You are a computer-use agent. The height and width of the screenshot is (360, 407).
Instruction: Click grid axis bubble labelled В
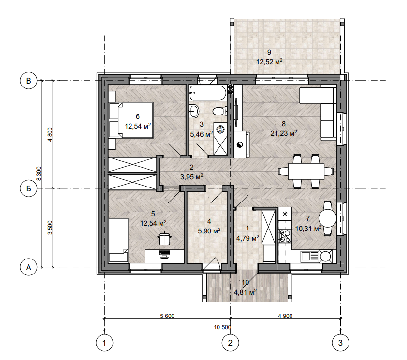click(x=29, y=81)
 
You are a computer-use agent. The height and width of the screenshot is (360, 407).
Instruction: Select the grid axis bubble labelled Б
click(x=29, y=188)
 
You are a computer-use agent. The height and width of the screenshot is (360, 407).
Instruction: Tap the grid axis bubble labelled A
click(x=29, y=267)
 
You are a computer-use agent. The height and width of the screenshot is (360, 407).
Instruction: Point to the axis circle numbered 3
click(x=341, y=343)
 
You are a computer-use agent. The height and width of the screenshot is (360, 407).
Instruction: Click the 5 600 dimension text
click(x=167, y=316)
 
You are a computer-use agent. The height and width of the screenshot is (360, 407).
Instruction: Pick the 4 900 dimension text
click(x=285, y=316)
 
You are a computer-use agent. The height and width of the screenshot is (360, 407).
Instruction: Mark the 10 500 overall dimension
click(x=222, y=327)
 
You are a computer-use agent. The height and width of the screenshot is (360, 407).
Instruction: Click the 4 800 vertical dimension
click(x=50, y=134)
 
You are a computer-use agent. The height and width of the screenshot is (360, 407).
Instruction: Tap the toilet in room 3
click(x=219, y=112)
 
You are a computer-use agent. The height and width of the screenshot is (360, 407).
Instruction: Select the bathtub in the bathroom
click(x=208, y=93)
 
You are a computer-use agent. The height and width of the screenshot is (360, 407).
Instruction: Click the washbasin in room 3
click(x=194, y=111)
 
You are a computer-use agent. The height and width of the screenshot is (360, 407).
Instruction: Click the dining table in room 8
click(x=306, y=172)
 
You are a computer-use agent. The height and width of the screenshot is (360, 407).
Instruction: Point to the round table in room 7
click(x=328, y=218)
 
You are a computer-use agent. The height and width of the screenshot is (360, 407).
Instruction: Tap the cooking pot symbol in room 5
click(x=164, y=238)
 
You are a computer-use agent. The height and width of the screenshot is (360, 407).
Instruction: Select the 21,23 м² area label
click(x=283, y=133)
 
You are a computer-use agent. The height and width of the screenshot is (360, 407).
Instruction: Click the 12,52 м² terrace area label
click(x=269, y=62)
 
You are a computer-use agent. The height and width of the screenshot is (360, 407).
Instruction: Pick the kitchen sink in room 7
click(x=309, y=256)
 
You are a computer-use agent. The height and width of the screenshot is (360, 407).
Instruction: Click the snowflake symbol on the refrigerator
click(x=285, y=214)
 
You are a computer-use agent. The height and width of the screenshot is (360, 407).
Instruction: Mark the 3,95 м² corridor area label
click(x=191, y=177)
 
